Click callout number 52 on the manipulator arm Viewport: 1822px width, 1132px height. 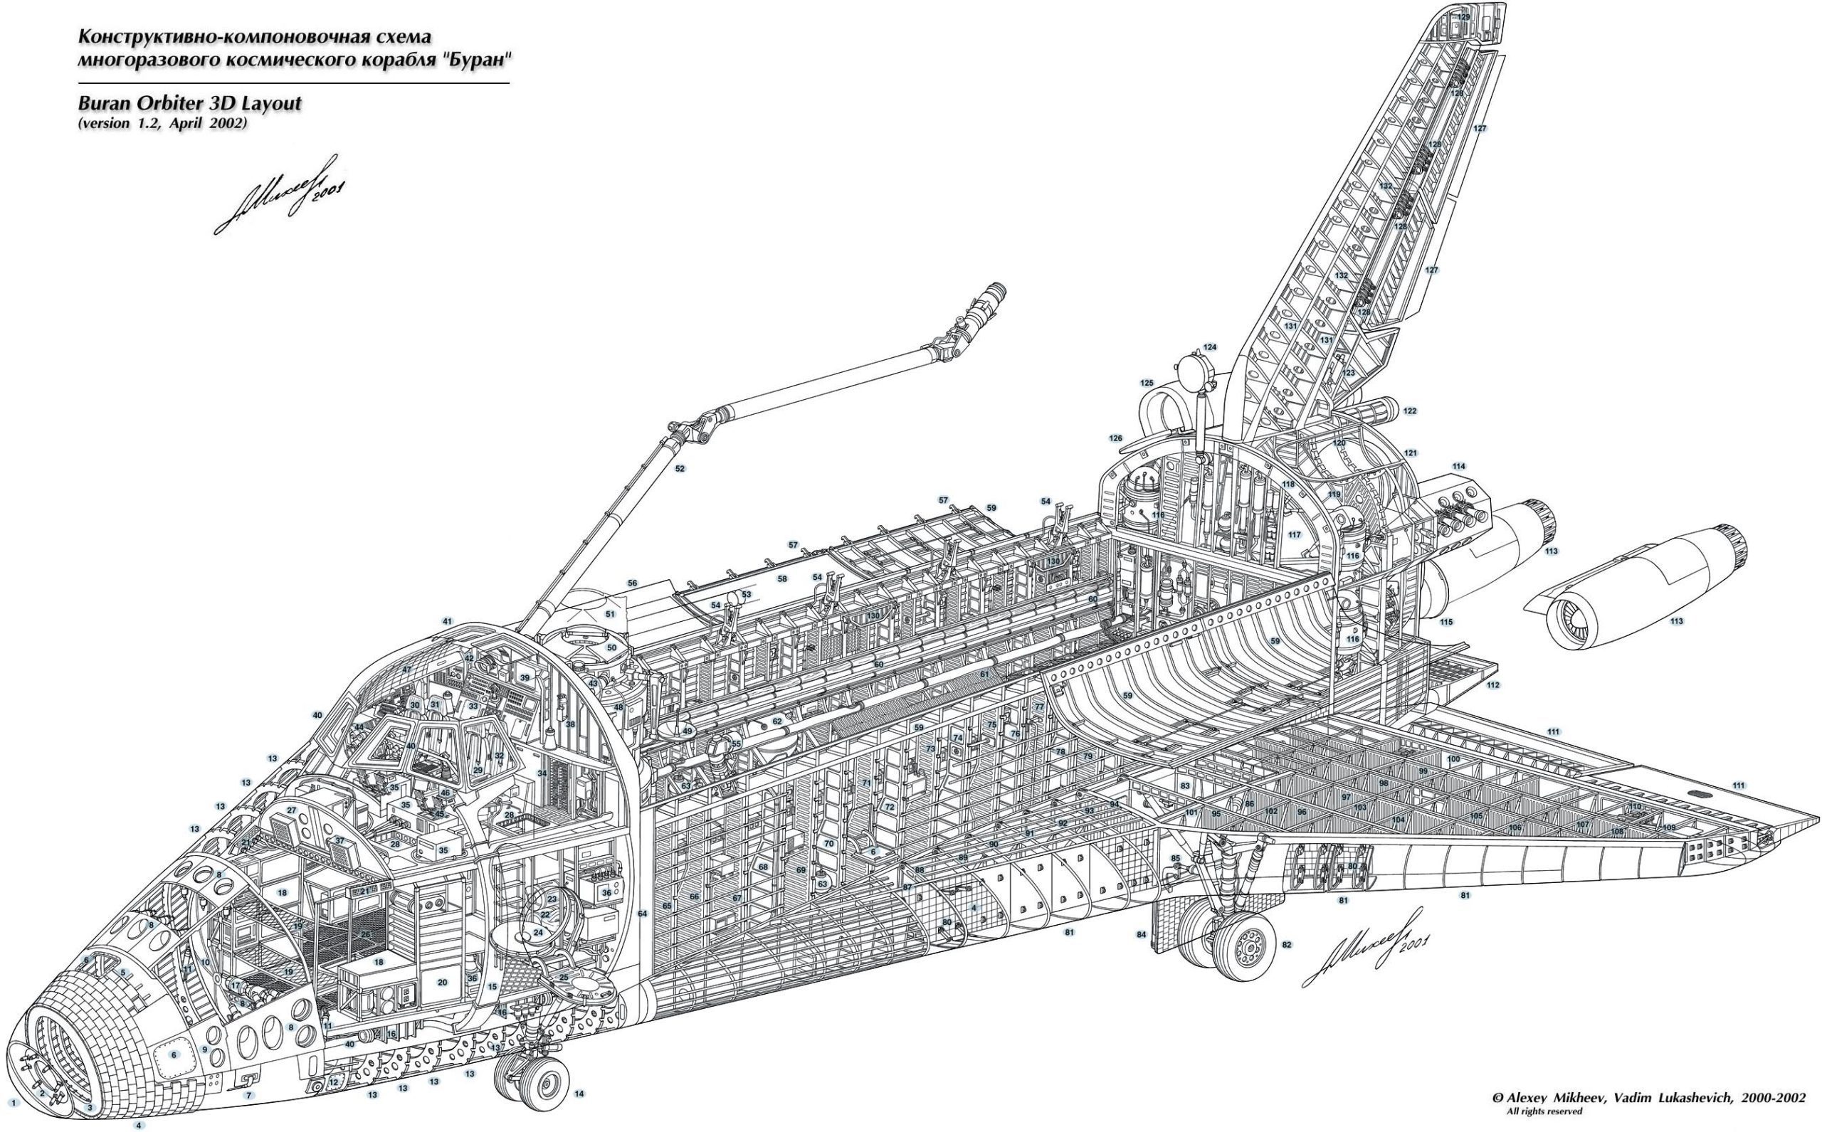coord(680,469)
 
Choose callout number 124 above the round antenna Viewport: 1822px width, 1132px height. coord(1209,347)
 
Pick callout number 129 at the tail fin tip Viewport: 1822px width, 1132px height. coord(1463,16)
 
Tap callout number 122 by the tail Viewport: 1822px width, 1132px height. coord(1410,411)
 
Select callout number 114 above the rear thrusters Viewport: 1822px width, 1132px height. coord(1458,467)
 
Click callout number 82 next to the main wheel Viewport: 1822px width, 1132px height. coord(1287,945)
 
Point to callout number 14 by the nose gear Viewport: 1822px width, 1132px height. coord(579,1094)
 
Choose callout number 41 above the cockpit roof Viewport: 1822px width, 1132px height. coord(448,621)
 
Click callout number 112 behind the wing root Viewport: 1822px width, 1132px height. coord(1493,685)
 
